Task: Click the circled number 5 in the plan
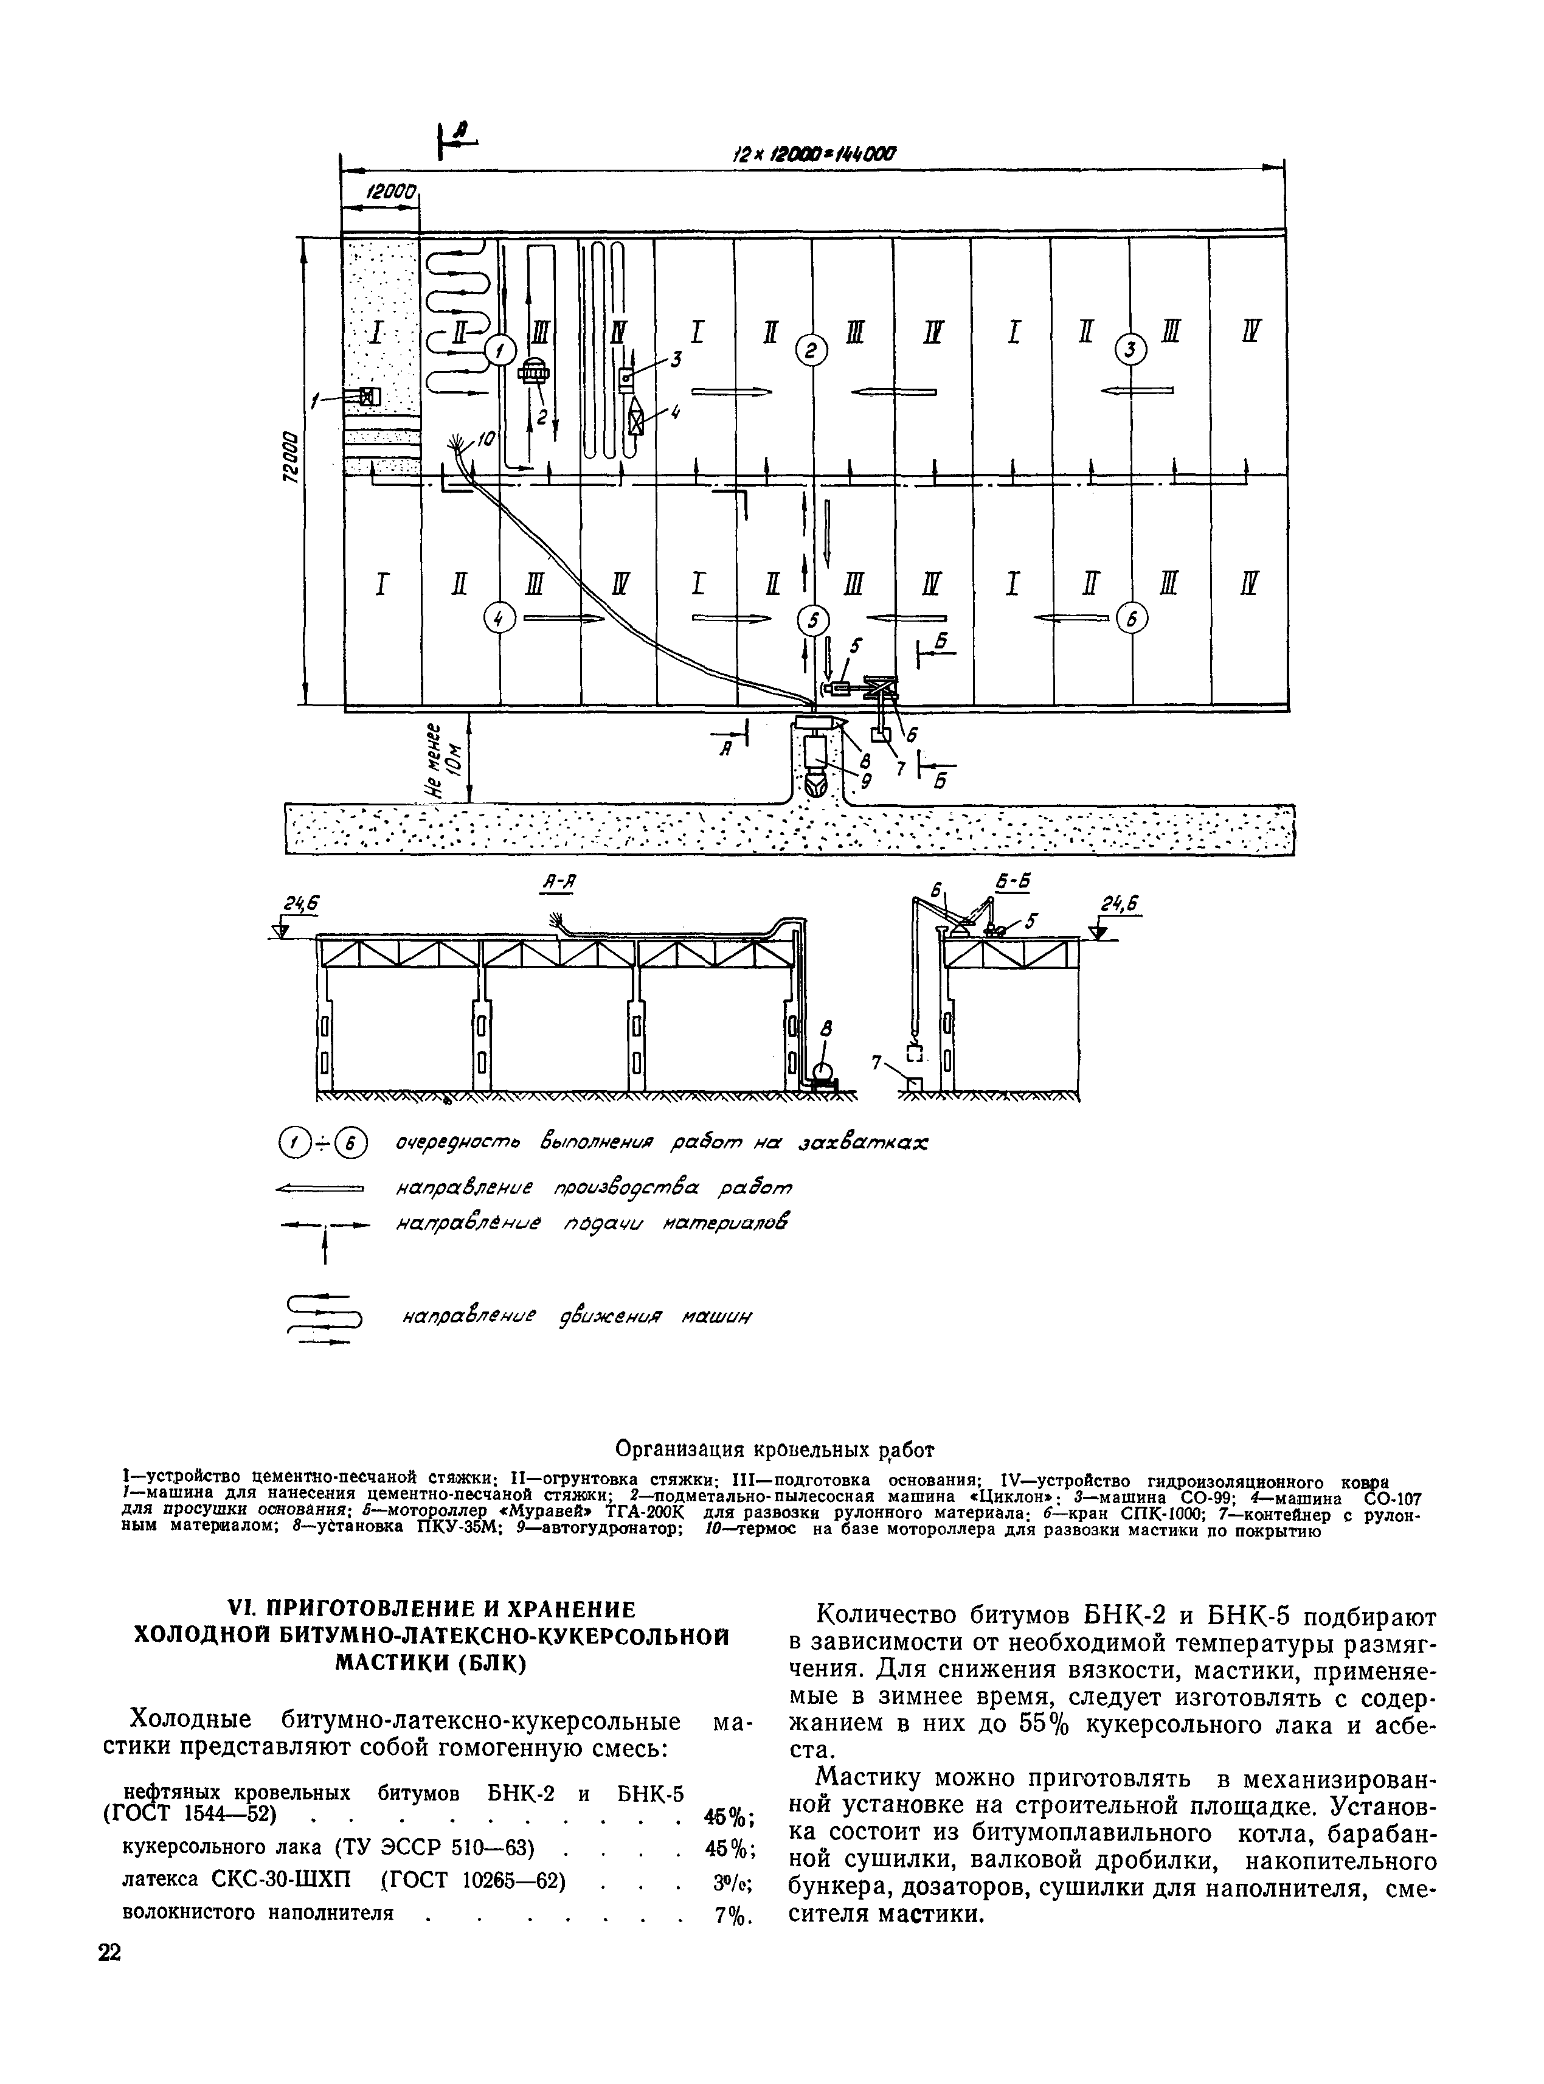point(813,619)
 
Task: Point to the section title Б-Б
point(1006,883)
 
